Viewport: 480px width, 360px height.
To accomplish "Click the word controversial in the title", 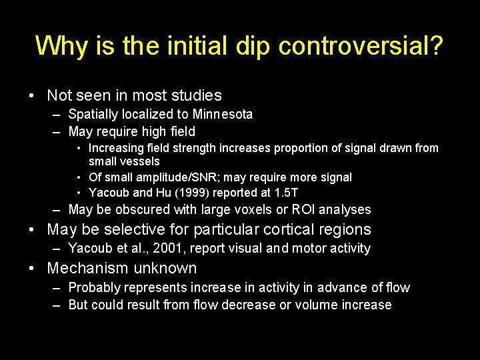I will coord(361,46).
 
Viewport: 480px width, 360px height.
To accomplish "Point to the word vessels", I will coord(139,161).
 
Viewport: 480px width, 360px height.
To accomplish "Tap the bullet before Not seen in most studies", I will coord(33,96).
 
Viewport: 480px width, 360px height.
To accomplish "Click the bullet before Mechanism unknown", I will coord(33,269).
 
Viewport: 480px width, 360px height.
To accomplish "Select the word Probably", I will coord(94,288).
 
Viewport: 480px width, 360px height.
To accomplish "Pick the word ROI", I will coord(302,210).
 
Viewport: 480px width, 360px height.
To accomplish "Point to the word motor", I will coord(311,249).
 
